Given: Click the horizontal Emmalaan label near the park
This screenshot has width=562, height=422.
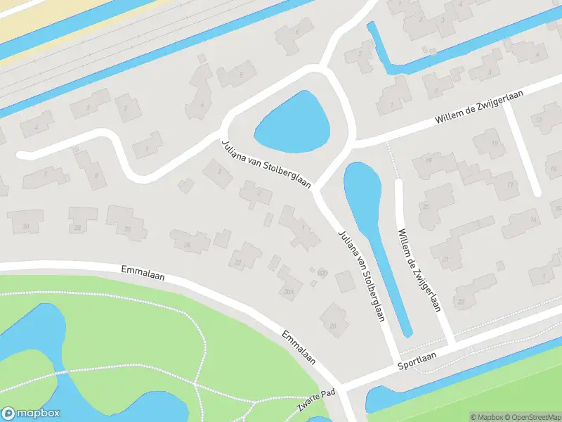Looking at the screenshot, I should [x=143, y=271].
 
